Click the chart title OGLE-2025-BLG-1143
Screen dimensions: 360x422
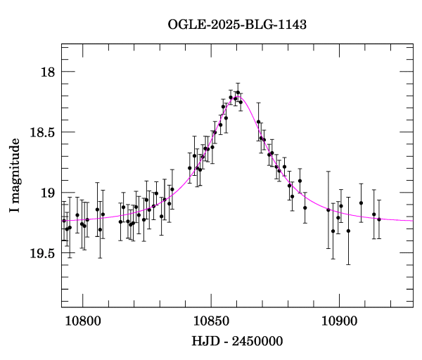click(237, 25)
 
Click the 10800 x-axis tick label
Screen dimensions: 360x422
click(82, 321)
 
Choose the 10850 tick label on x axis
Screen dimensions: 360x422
click(211, 321)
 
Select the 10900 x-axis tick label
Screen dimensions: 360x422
click(339, 321)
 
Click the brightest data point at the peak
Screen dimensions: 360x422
click(238, 92)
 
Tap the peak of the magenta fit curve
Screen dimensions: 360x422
click(238, 96)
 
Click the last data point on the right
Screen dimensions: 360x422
click(378, 219)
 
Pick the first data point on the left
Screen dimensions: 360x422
click(64, 221)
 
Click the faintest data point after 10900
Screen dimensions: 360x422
click(348, 231)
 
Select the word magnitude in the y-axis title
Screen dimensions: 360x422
click(15, 169)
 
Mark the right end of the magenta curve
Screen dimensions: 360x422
click(413, 221)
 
